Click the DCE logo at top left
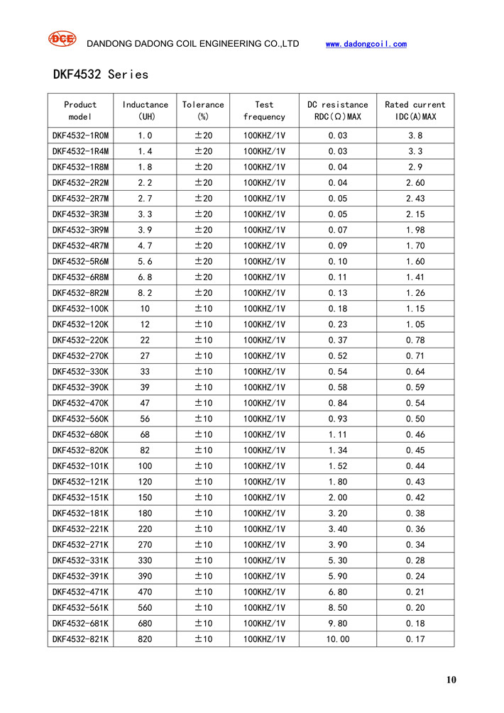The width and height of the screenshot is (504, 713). [62, 39]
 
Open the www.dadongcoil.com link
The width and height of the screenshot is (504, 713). [366, 44]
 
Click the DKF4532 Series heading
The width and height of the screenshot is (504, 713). [101, 74]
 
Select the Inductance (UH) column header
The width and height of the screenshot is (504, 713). [146, 111]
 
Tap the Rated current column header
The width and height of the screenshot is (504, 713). [415, 111]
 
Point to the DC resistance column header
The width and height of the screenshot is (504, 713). [338, 111]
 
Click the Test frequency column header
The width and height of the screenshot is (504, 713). [264, 111]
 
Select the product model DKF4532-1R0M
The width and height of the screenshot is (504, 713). [81, 136]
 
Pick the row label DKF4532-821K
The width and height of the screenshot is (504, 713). [81, 639]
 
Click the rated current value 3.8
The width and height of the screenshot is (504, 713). [415, 136]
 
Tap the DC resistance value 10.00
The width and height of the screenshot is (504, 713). [338, 639]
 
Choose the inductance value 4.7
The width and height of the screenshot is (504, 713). [146, 245]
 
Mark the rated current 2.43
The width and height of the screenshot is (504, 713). [415, 199]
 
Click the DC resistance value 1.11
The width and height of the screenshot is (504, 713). [338, 435]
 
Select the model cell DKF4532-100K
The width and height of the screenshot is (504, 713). [81, 309]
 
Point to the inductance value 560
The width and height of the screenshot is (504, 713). [146, 608]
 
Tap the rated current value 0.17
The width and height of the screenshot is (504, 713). [415, 639]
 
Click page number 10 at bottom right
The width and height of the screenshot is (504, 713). [451, 680]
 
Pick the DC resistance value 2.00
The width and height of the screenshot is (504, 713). [338, 497]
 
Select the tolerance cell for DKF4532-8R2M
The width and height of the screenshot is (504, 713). [203, 293]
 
